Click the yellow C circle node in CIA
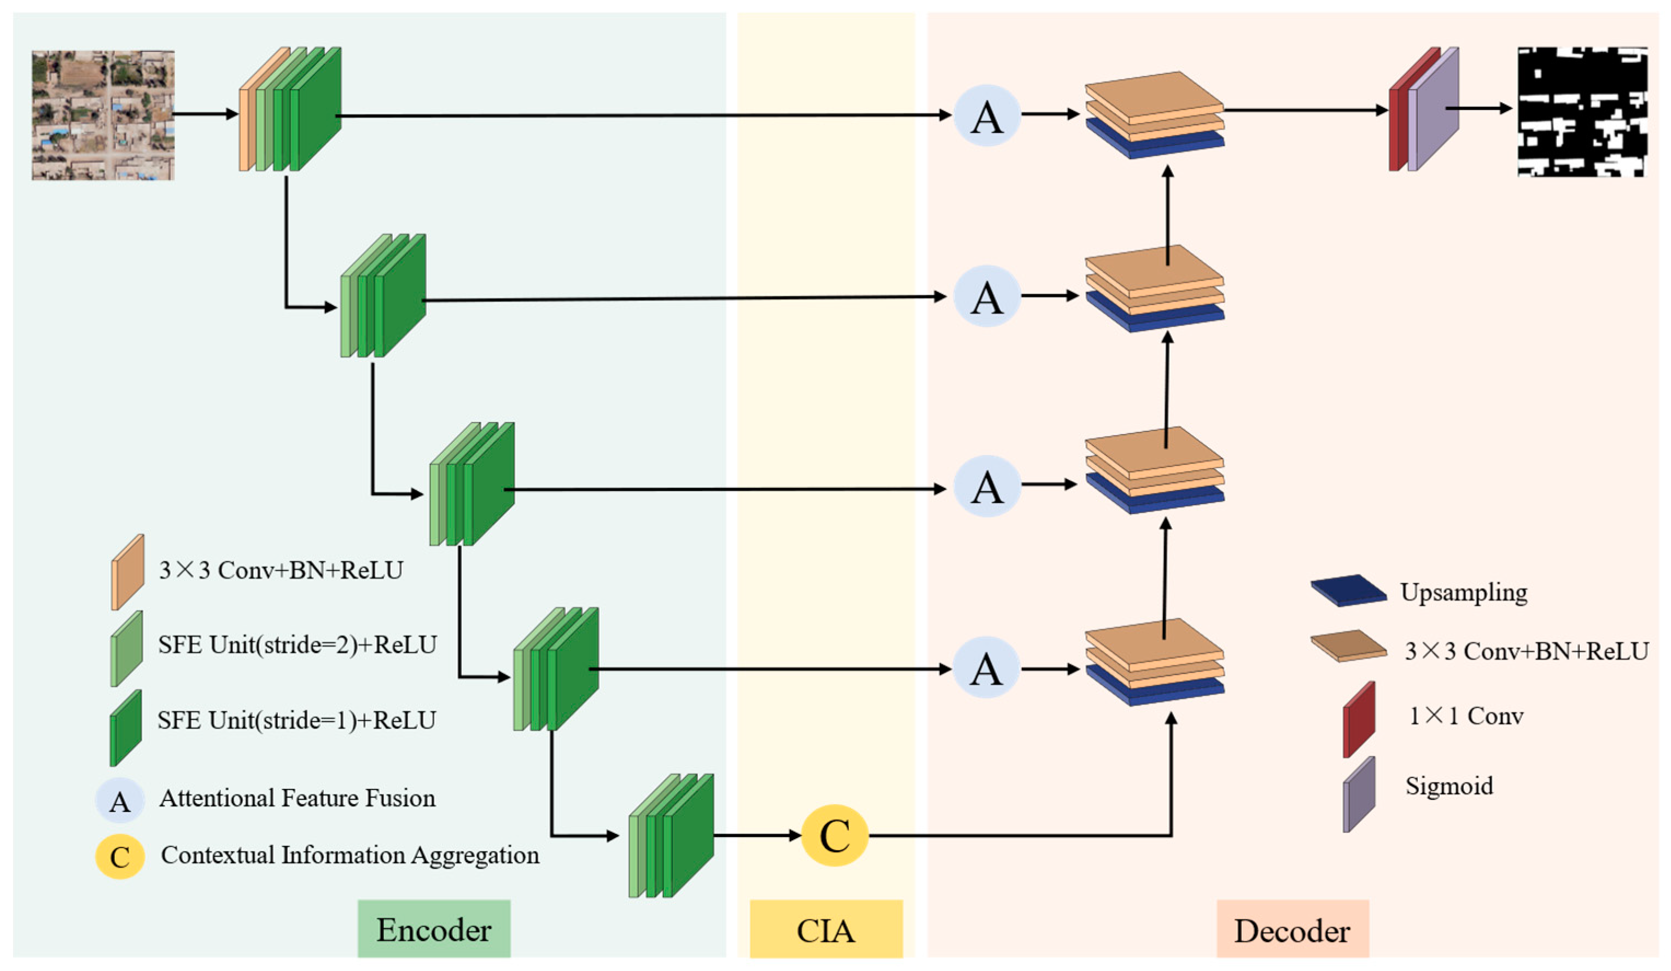coord(834,835)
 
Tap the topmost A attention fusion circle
coord(987,116)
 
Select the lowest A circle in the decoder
coord(987,668)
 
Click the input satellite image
coord(103,115)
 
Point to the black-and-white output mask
coord(1582,112)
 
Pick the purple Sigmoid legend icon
coord(1359,794)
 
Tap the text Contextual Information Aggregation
coord(350,855)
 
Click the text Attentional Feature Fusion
coord(297,798)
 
